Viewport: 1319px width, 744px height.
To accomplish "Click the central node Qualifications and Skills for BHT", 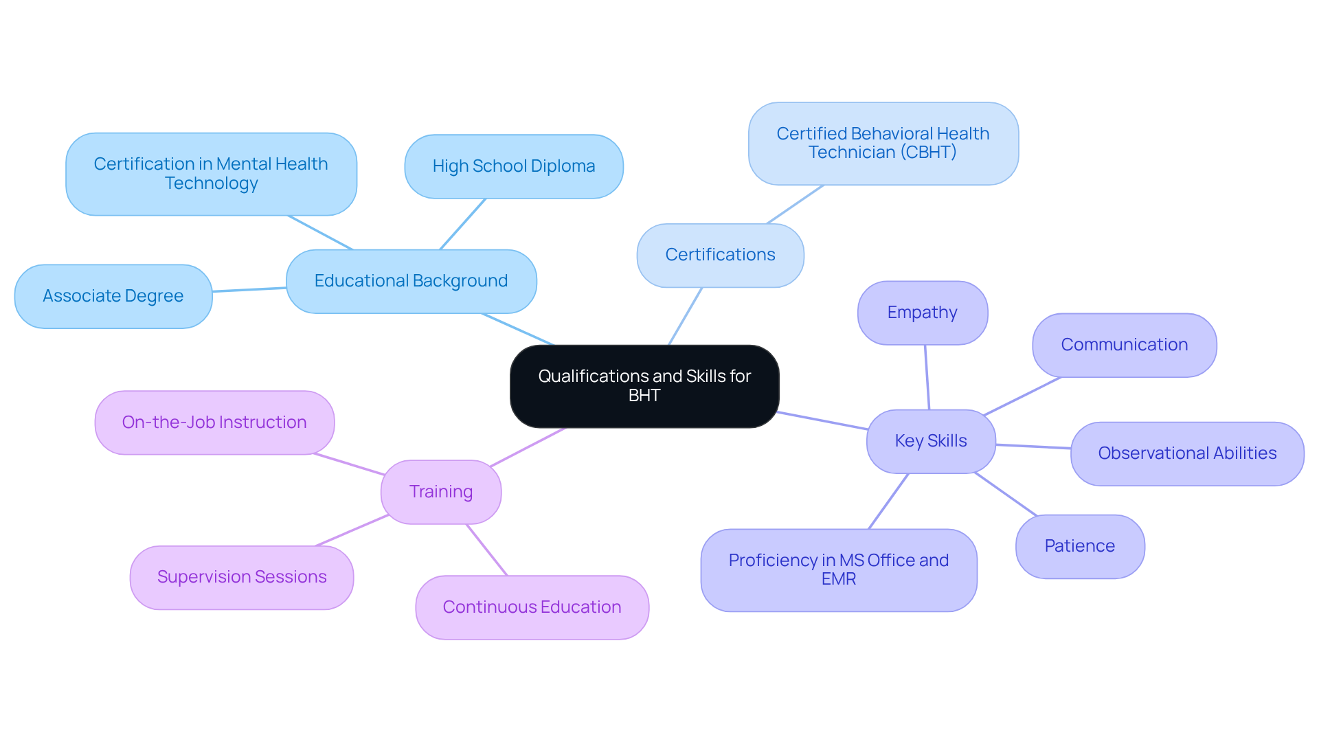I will point(644,386).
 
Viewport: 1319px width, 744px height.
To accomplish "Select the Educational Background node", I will point(411,282).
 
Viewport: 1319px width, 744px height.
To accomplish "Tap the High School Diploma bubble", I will point(513,167).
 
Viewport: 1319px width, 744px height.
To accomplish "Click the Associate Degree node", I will point(113,297).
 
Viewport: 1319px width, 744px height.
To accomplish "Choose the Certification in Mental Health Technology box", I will point(211,174).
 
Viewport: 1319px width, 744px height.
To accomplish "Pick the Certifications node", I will point(720,256).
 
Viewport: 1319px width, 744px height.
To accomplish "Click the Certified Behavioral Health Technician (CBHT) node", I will point(883,144).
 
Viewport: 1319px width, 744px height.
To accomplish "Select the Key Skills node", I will point(930,442).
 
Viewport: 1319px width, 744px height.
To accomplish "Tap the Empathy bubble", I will point(922,313).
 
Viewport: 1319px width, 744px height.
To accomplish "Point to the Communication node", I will point(1124,346).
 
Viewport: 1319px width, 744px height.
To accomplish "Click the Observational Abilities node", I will point(1186,454).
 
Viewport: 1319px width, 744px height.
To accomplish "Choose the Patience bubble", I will point(1079,547).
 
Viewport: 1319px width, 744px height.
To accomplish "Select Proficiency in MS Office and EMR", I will point(838,570).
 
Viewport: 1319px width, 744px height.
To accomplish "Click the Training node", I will point(440,493).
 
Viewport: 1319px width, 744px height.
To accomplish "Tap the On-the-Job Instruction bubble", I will point(214,423).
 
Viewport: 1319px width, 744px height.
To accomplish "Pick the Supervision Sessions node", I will point(242,578).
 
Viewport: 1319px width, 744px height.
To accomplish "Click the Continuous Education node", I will point(532,608).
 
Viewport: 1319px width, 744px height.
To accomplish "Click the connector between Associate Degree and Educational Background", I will point(249,290).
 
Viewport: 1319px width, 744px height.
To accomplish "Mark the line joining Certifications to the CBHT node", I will point(795,205).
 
